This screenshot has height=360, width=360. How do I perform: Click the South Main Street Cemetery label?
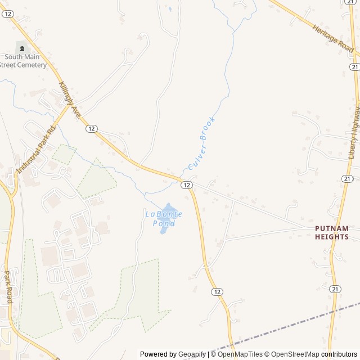[x=25, y=61]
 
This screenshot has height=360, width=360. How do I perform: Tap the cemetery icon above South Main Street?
[x=23, y=47]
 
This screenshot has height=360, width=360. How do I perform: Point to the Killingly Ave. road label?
[x=70, y=100]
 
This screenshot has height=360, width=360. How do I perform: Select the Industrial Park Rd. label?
[x=37, y=150]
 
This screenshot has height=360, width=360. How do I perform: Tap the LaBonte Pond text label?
[x=160, y=218]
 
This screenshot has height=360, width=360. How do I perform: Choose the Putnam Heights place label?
[x=331, y=232]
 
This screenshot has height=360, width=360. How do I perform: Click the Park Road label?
[x=8, y=287]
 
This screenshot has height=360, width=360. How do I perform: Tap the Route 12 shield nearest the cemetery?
[x=7, y=14]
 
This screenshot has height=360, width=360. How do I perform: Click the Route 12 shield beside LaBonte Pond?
[x=186, y=184]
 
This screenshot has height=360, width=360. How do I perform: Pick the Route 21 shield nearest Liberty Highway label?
[x=348, y=178]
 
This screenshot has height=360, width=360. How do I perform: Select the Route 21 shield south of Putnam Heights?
[x=335, y=289]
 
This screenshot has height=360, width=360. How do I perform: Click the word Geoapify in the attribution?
[x=192, y=354]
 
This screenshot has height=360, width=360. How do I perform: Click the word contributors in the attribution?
[x=339, y=354]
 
